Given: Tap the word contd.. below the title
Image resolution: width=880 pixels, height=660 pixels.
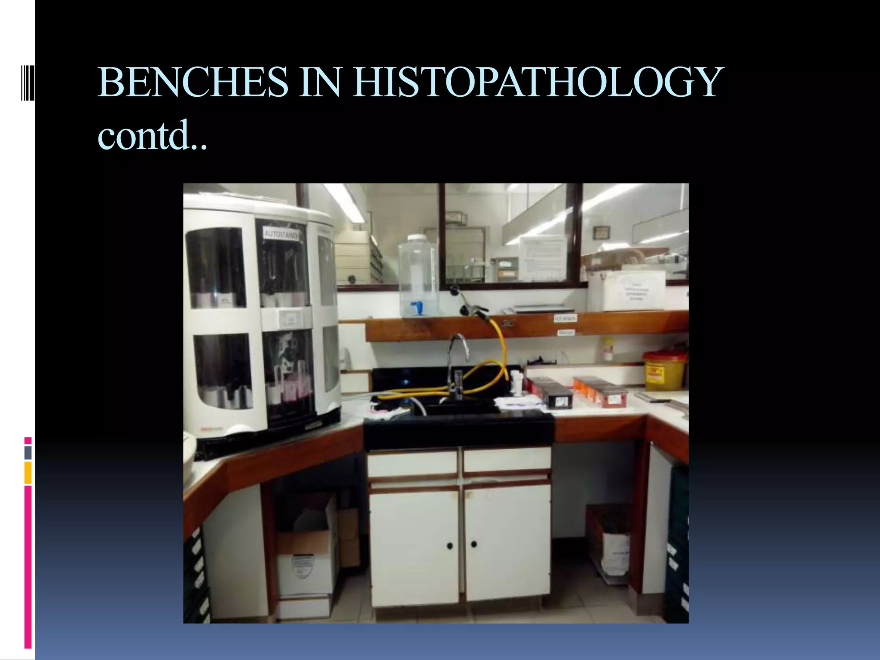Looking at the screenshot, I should click(153, 135).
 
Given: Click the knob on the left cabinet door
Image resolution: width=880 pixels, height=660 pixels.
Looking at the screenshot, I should click(449, 546).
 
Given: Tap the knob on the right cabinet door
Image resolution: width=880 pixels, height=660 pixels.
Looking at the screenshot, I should click(474, 544).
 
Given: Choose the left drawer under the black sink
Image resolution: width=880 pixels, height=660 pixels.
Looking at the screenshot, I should click(412, 463).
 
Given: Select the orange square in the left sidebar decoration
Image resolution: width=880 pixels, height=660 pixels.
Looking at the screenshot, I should click(28, 473).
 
